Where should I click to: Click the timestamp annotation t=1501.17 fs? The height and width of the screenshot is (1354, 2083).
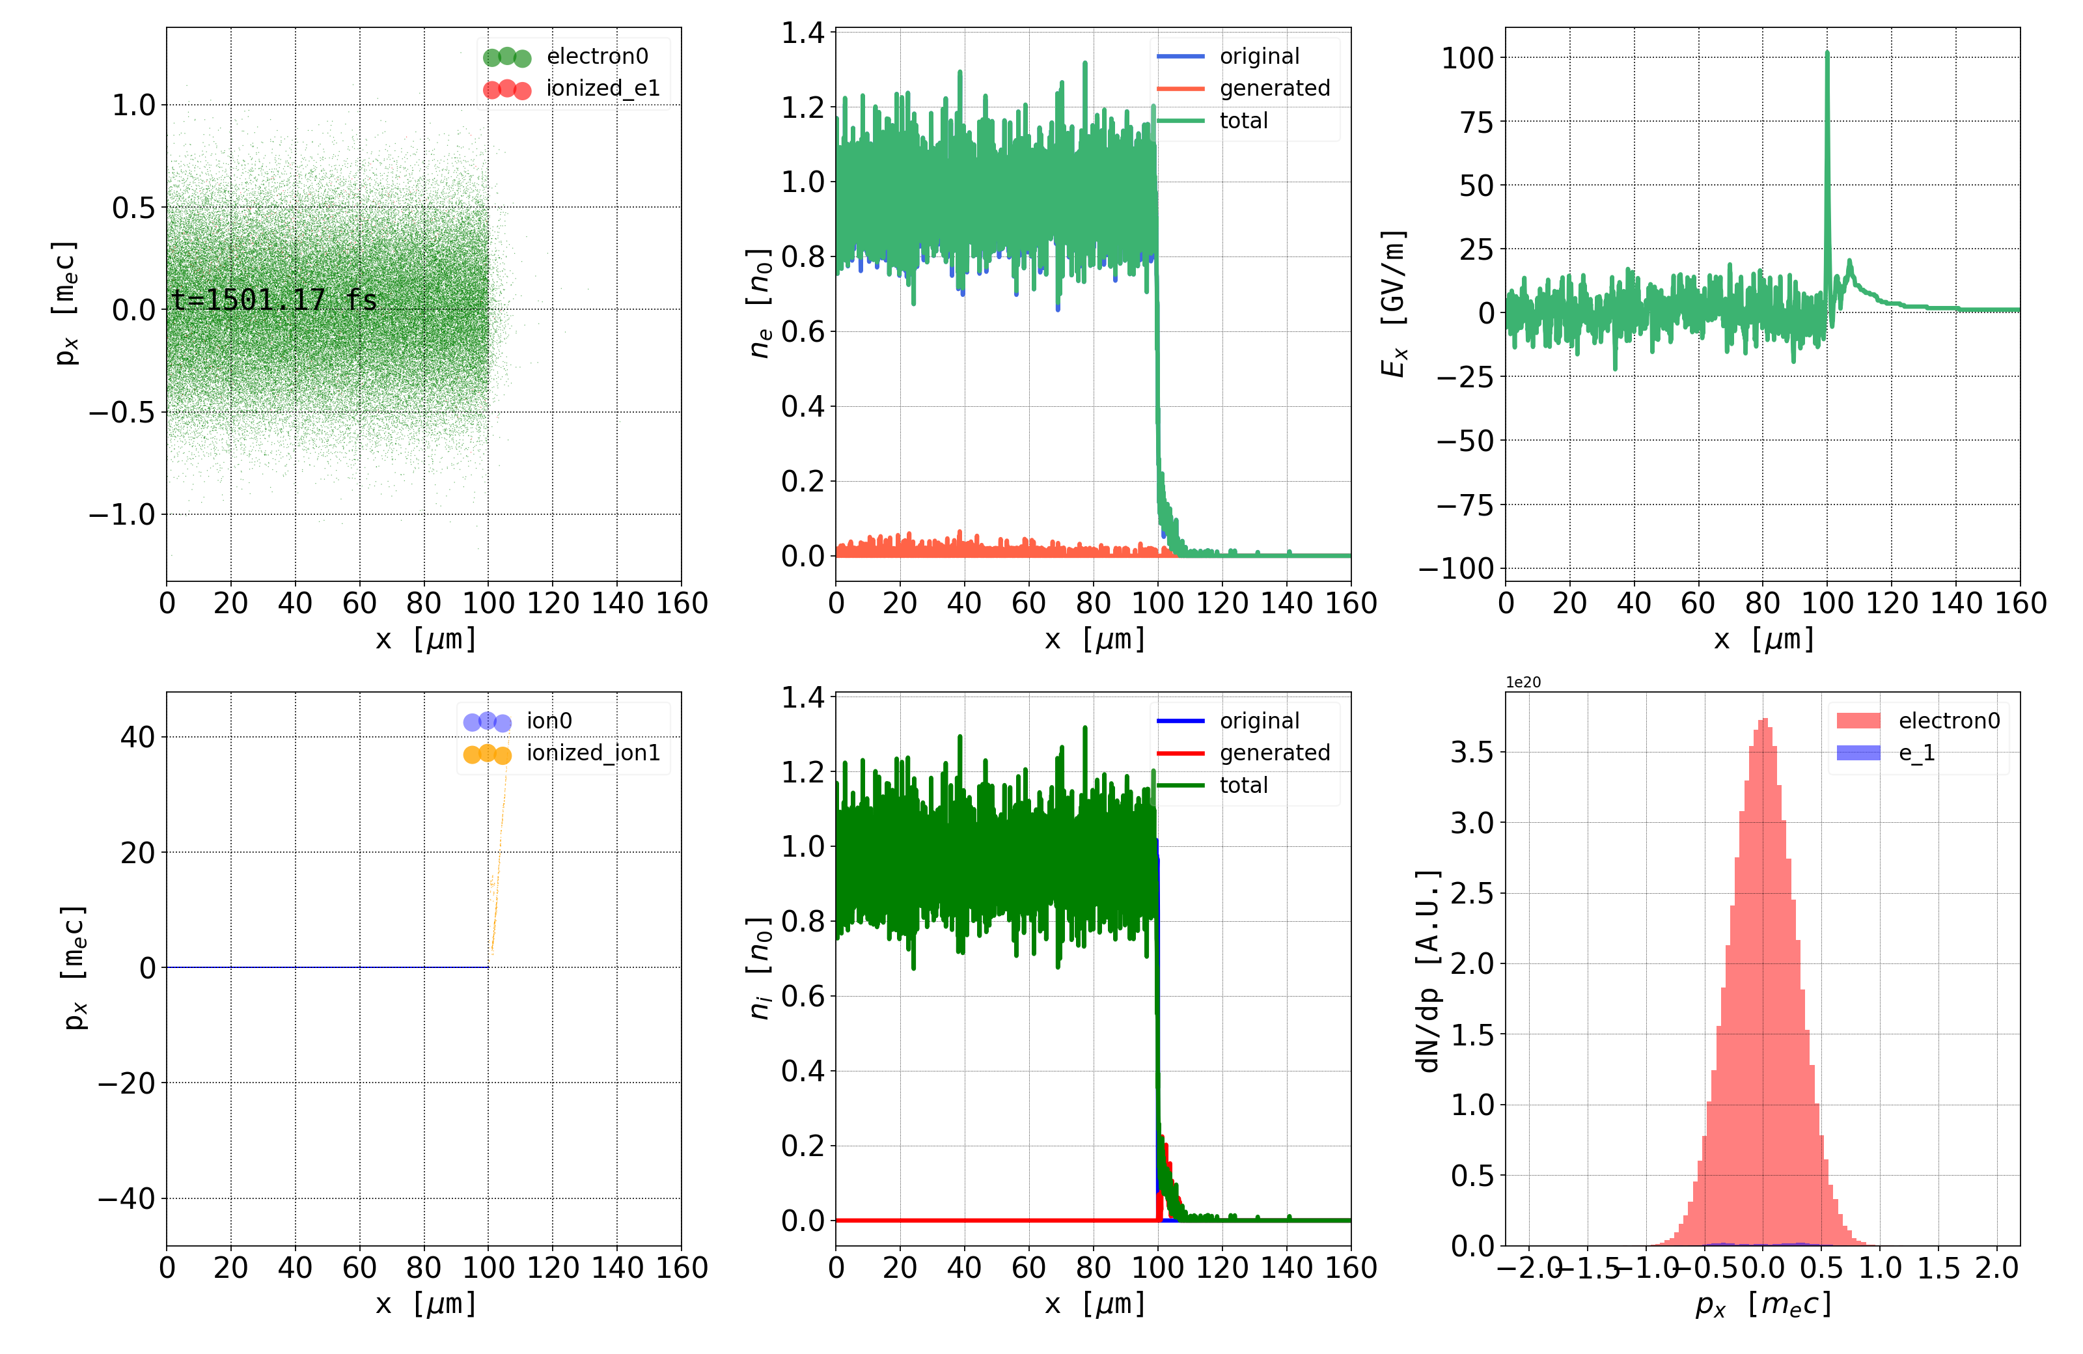click(274, 300)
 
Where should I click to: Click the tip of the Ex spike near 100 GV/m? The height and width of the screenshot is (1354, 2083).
click(1827, 53)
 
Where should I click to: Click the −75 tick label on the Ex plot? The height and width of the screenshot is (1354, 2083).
click(1464, 505)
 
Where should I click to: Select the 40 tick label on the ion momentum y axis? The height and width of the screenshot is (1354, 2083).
click(137, 737)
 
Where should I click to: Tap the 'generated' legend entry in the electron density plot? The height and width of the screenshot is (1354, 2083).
click(1275, 89)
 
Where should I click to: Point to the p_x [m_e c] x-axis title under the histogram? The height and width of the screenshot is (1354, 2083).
click(1763, 1304)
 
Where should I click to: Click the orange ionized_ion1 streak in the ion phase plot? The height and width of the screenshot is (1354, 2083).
click(496, 876)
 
